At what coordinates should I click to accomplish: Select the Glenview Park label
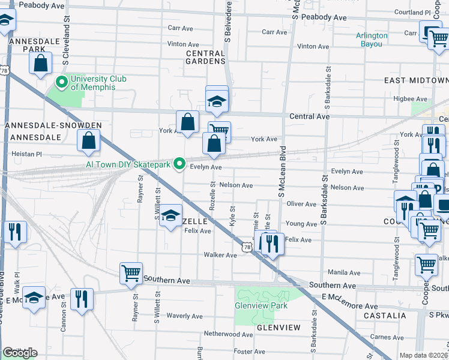[x=261, y=305]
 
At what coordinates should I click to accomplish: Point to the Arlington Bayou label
[x=372, y=40]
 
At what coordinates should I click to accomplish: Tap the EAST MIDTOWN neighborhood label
[x=416, y=80]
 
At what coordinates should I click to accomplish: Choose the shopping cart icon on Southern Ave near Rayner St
[x=131, y=273]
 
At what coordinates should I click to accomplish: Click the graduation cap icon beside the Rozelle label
[x=171, y=215]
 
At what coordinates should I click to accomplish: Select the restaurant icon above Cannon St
[x=82, y=299]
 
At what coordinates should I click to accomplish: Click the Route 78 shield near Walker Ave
[x=247, y=247]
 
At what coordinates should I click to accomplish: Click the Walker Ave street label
[x=220, y=255]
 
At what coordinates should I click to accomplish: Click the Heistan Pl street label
[x=27, y=154]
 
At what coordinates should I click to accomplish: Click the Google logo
[x=20, y=353]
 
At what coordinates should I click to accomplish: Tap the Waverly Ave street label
[x=184, y=316]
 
